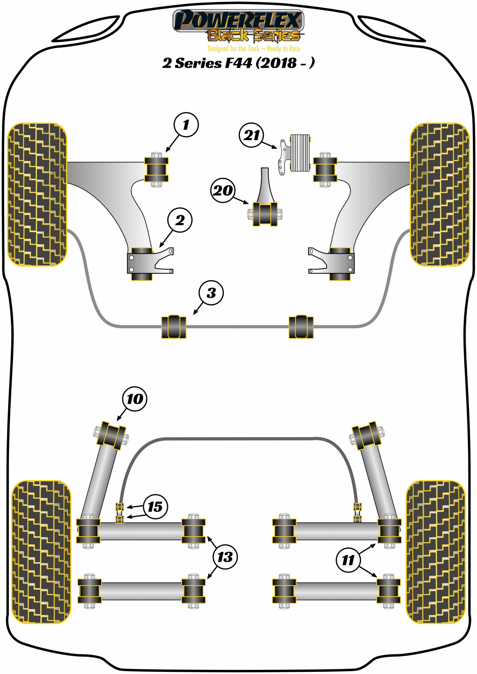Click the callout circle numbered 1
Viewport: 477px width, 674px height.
(186, 125)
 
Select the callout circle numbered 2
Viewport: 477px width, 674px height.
(180, 220)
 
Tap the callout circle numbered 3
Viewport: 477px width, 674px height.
(211, 293)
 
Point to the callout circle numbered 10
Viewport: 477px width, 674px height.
(135, 399)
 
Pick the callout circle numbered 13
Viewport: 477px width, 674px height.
(225, 557)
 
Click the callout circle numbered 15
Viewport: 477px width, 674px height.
(155, 507)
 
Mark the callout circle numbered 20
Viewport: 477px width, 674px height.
(223, 191)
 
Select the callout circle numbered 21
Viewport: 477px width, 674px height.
(251, 135)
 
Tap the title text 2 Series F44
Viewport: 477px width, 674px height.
(238, 63)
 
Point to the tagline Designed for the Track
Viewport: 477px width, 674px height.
(254, 48)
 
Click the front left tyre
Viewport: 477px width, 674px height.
(37, 194)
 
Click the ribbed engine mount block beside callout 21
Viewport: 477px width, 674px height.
(300, 153)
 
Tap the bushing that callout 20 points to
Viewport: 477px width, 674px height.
(265, 214)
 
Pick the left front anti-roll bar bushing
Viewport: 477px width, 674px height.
(174, 327)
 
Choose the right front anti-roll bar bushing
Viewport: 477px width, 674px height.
(301, 327)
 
